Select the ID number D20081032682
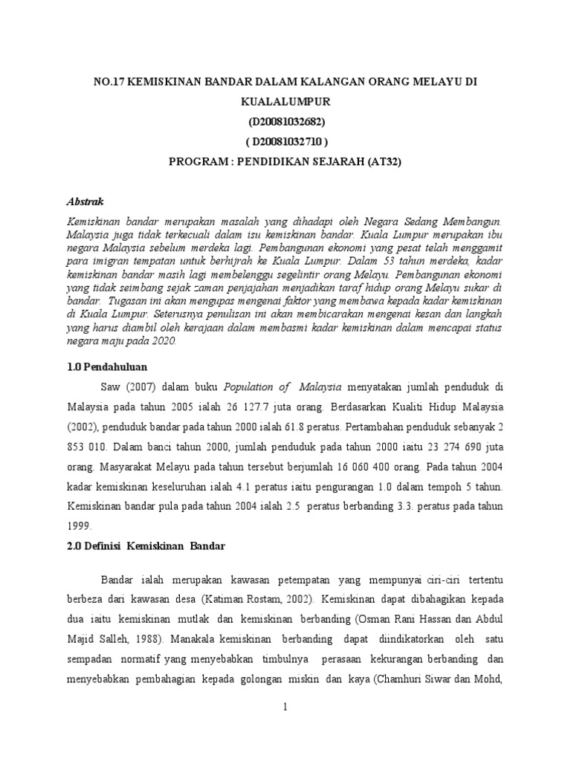(x=285, y=120)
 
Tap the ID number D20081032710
(x=285, y=141)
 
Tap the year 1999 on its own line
(x=79, y=525)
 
